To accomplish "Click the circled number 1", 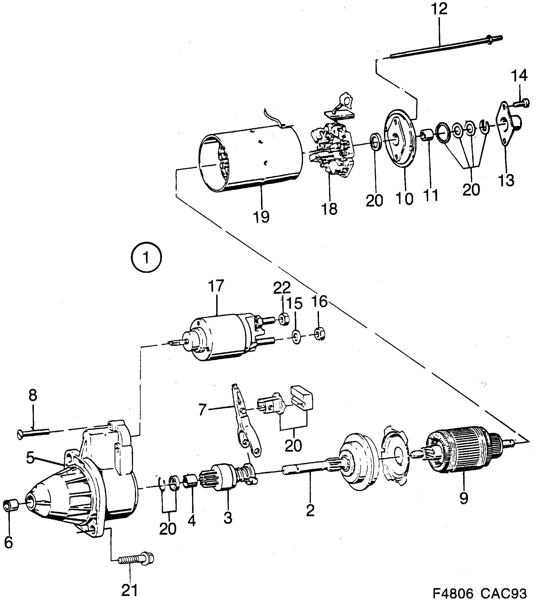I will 146,257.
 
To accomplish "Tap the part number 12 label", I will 439,9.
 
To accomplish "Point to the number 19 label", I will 261,217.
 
